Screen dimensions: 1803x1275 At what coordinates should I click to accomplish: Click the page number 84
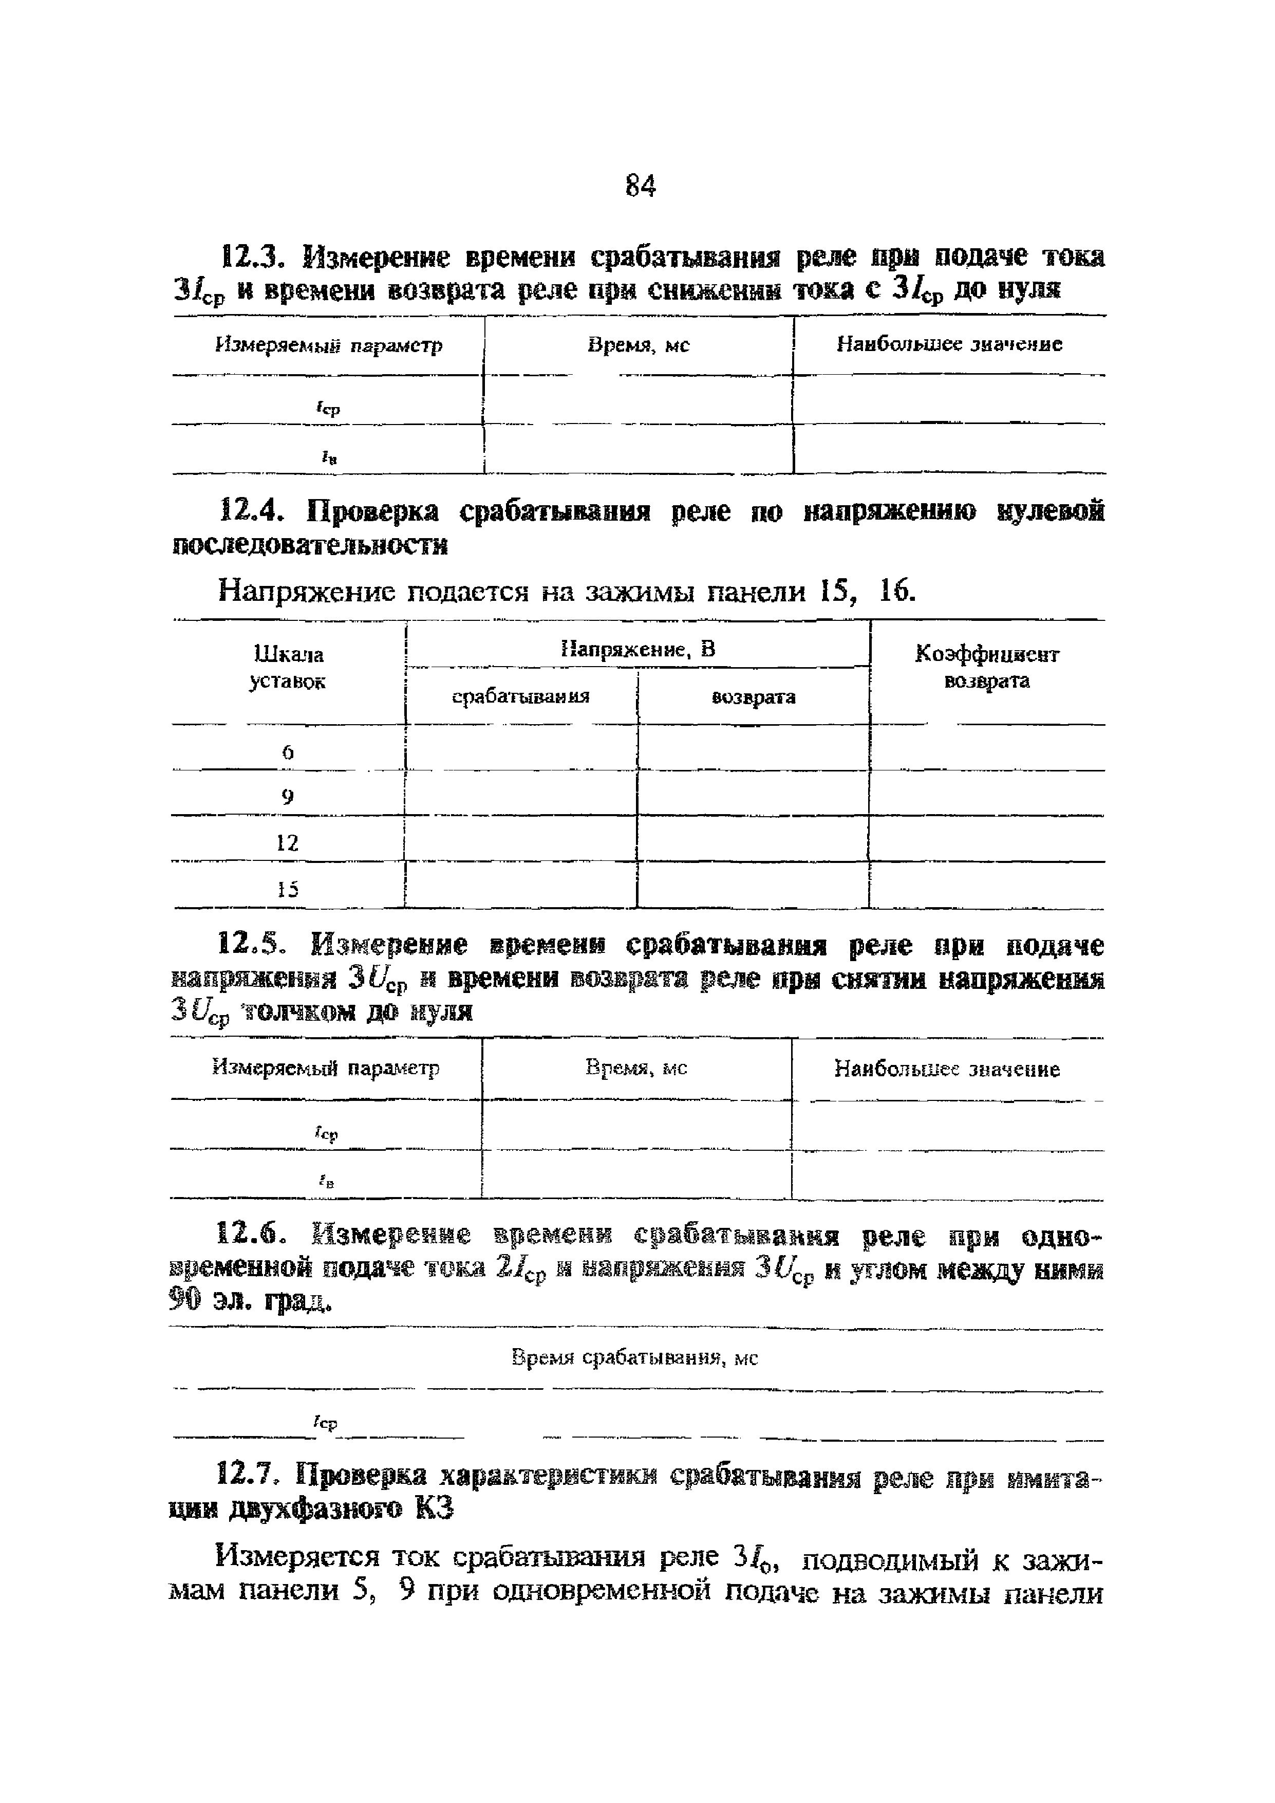click(x=640, y=186)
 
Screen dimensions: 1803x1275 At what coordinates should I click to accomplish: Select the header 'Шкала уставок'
click(x=287, y=668)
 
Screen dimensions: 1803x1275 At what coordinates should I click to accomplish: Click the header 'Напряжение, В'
click(x=638, y=650)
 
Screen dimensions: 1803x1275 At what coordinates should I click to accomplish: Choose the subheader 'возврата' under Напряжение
click(x=753, y=696)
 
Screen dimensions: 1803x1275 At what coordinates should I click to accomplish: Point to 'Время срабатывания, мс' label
click(x=634, y=1358)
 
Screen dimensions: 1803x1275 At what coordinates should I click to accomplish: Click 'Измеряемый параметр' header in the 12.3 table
click(x=329, y=345)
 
